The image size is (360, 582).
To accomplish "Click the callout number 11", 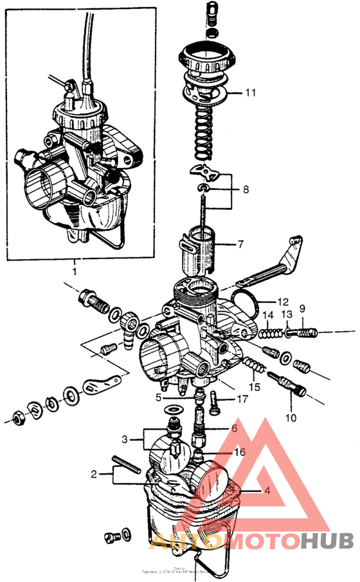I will (x=249, y=93).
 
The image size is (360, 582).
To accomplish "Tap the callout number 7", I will (x=240, y=245).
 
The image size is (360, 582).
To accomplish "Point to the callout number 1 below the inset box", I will (x=75, y=271).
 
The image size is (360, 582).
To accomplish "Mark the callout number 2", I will (x=94, y=475).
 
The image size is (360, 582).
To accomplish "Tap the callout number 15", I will (x=255, y=387).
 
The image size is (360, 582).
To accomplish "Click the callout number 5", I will (x=158, y=397).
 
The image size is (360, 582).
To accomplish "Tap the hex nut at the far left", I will (x=17, y=418).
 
